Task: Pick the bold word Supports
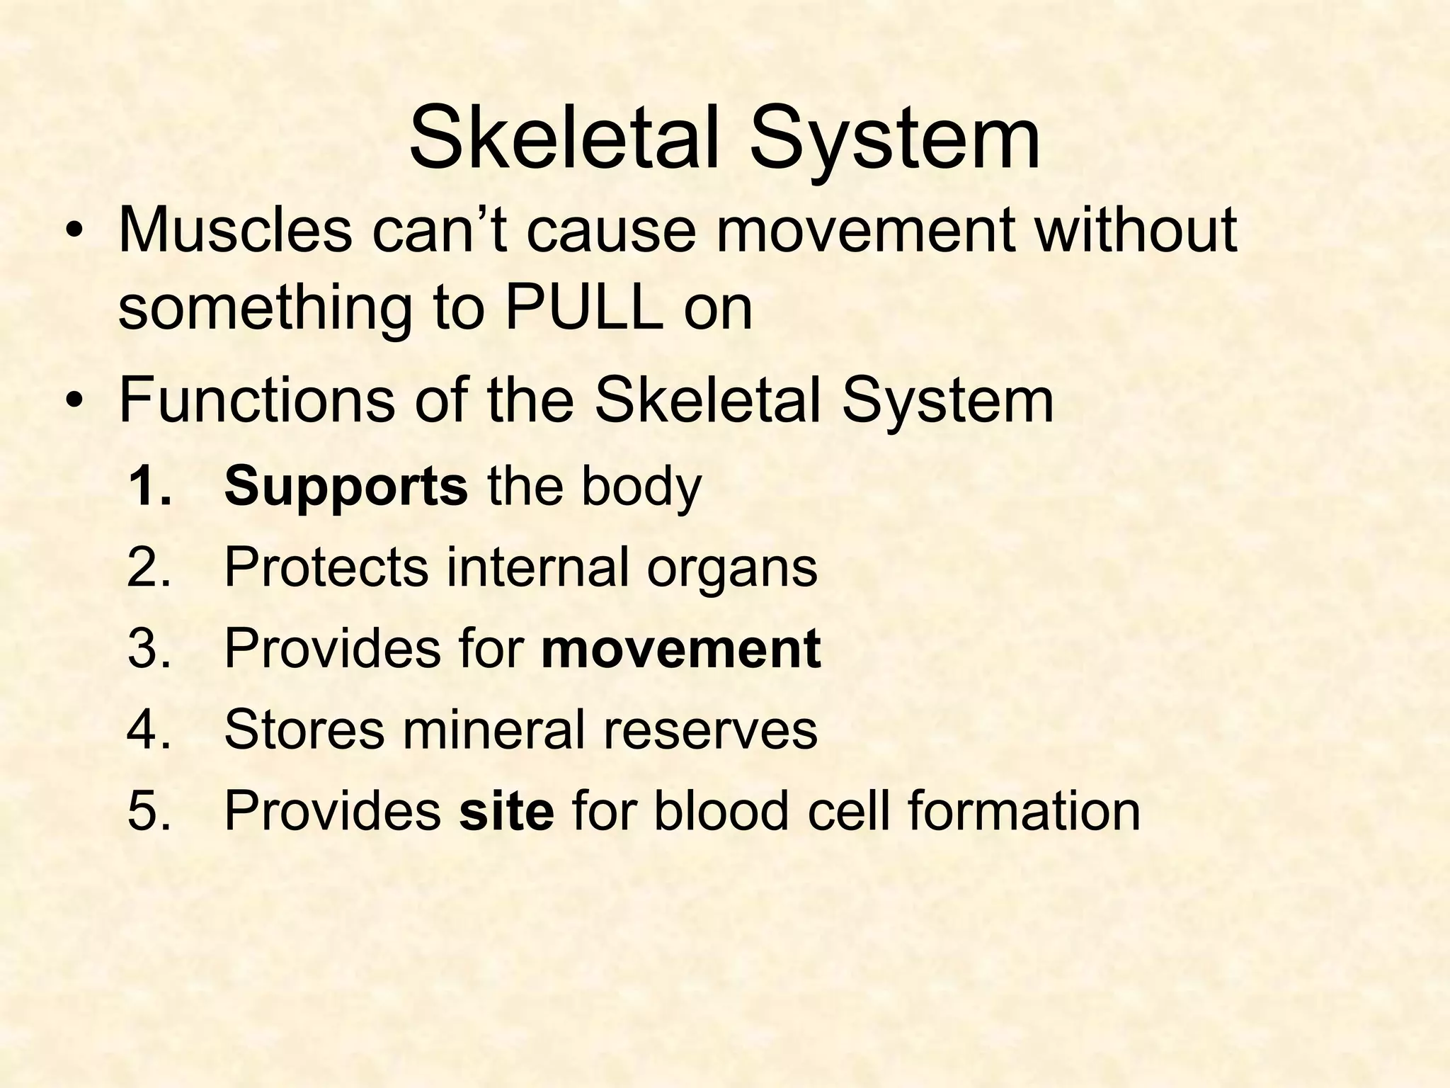click(x=346, y=487)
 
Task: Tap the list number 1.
click(x=149, y=487)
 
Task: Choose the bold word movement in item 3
click(x=680, y=648)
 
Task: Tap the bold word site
click(x=506, y=810)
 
